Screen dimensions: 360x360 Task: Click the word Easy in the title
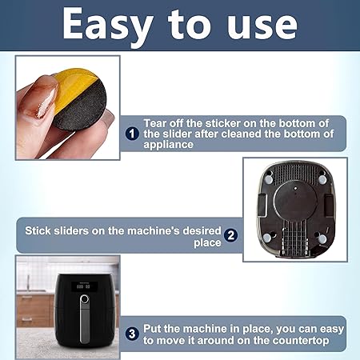108,26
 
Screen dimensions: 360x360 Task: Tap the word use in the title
262,26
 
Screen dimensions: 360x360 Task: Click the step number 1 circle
132,134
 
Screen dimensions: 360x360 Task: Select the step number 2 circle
231,235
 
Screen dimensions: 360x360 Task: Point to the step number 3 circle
132,334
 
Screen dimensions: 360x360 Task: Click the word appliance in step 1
168,145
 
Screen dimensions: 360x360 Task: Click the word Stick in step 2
38,230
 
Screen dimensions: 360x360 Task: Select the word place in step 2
207,243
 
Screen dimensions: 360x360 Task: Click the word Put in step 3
152,329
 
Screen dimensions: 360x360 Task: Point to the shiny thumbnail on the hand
46,102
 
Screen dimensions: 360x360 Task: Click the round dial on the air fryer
84,299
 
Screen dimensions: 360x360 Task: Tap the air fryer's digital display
83,287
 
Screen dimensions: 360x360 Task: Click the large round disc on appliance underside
295,202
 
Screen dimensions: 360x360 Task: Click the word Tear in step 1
155,123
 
